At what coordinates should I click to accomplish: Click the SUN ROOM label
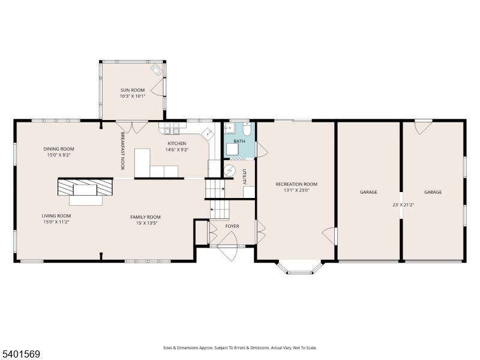133,90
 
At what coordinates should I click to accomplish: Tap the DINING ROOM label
58,149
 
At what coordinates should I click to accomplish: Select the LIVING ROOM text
56,216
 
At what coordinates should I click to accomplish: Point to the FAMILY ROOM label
146,217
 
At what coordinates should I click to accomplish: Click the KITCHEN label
177,143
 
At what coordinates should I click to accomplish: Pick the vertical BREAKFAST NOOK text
122,151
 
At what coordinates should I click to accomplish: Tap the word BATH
239,142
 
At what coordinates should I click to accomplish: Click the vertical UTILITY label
245,178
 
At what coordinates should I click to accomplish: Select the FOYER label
232,226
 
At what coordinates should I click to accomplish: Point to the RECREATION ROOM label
296,184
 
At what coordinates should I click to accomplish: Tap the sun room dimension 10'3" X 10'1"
133,96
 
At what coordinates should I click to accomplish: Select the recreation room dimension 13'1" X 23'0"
296,191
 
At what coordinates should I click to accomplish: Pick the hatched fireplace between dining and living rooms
85,187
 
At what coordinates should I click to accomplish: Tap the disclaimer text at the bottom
240,348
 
